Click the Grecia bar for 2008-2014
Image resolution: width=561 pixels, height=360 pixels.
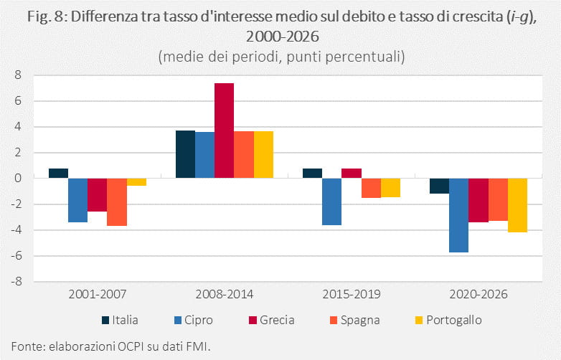(225, 131)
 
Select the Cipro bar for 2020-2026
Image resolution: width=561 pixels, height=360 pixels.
(458, 215)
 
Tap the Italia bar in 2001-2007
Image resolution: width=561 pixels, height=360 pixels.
(59, 174)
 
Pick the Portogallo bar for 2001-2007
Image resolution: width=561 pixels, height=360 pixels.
(137, 182)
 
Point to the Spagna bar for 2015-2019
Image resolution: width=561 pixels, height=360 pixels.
(371, 188)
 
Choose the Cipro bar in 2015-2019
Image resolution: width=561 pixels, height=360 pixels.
(332, 202)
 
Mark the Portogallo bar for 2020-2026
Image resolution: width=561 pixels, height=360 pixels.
(517, 205)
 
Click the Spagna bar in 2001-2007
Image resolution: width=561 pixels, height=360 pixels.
(117, 202)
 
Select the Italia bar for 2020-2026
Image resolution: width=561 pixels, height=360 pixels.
(439, 186)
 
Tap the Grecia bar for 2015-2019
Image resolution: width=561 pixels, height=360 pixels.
(352, 174)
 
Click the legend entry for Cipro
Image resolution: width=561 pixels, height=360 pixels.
(194, 320)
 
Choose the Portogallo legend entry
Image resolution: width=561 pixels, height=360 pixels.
(448, 320)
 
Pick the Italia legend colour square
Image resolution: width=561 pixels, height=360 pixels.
(105, 321)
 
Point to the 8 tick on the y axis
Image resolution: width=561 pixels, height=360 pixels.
(18, 75)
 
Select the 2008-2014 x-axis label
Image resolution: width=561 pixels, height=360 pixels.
(225, 294)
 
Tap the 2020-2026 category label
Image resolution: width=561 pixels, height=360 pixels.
(478, 294)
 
